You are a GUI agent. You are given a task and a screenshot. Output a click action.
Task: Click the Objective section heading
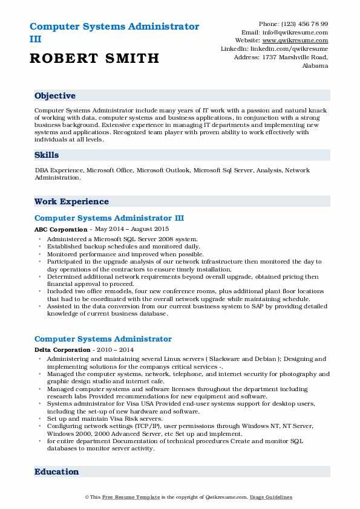tap(55, 96)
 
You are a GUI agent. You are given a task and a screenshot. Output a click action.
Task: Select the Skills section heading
tap(47, 155)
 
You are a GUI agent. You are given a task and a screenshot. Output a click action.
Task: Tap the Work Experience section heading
tap(71, 202)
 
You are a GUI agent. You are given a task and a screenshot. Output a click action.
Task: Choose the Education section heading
tap(56, 472)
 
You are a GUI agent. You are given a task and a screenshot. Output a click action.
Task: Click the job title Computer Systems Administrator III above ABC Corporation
tap(109, 218)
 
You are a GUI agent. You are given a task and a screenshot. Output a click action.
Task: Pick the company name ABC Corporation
tap(61, 230)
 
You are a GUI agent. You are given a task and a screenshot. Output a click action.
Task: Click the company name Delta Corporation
tap(62, 351)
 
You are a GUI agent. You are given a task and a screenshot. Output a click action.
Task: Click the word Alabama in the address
tap(315, 65)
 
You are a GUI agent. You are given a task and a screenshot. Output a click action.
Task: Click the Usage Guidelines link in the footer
tap(272, 497)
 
